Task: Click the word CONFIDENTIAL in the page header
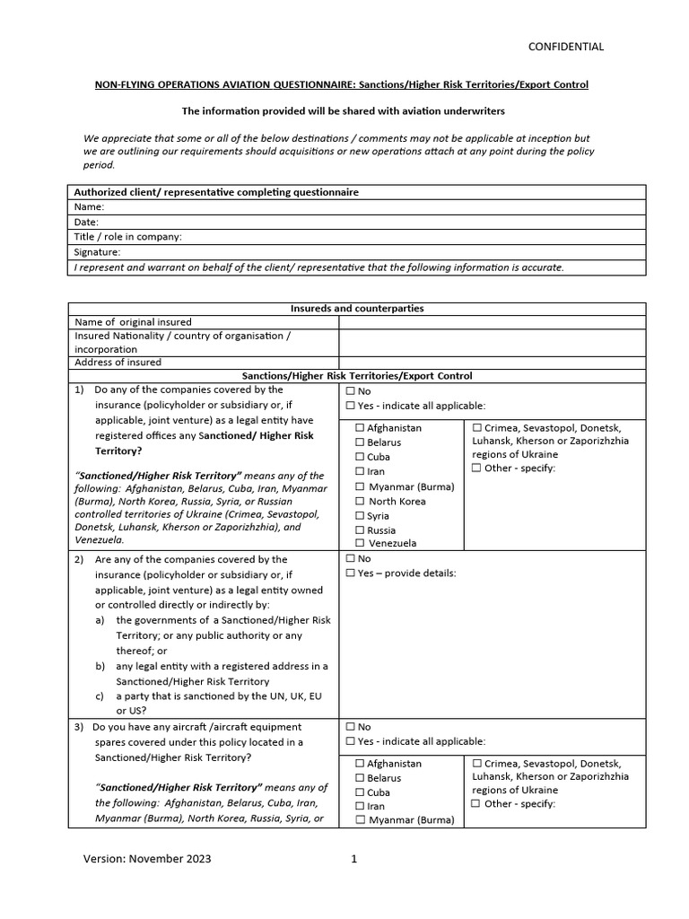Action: (565, 47)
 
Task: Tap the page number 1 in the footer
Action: (354, 859)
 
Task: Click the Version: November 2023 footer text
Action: (147, 859)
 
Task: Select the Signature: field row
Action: (356, 252)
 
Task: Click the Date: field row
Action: (356, 222)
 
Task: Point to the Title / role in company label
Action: (127, 237)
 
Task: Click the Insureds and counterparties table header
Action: (356, 308)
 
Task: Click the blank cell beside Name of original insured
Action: (491, 321)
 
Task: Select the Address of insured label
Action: (118, 363)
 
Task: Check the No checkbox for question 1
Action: (350, 391)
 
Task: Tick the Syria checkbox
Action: (360, 516)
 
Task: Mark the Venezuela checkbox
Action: (360, 543)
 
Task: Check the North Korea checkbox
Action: (360, 502)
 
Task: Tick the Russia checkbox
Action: (360, 530)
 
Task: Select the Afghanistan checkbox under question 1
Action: (360, 428)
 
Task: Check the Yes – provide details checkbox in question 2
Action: (350, 573)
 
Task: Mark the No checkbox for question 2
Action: (350, 559)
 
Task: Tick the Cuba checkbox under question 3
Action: (360, 792)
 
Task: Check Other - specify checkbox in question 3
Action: (476, 804)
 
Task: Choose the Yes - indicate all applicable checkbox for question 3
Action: (350, 741)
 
